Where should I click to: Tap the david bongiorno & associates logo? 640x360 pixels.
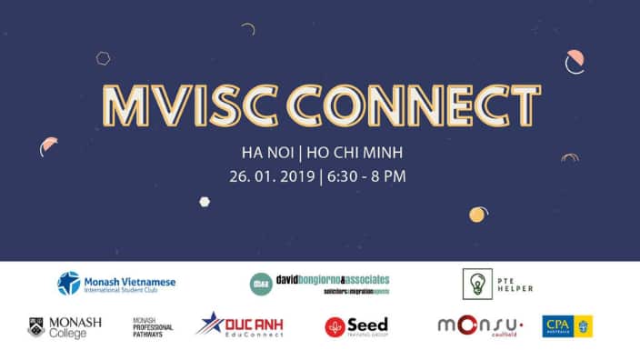click(319, 284)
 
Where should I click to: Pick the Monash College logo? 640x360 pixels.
click(65, 325)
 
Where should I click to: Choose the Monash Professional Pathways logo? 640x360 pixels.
click(153, 327)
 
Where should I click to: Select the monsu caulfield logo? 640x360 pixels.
click(483, 326)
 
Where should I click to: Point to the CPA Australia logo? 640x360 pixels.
click(566, 326)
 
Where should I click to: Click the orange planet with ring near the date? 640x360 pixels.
click(477, 215)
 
